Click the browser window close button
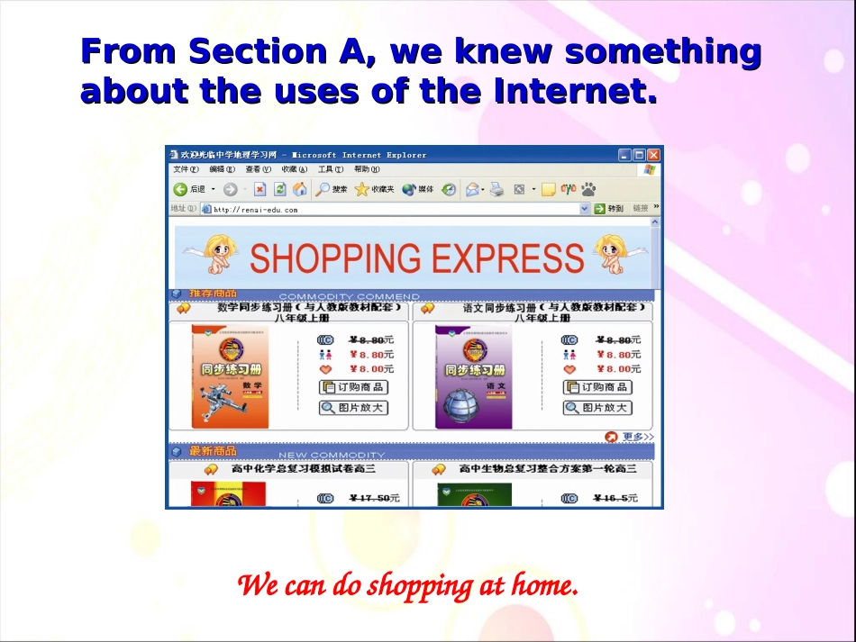[x=654, y=155]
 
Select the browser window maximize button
[x=640, y=155]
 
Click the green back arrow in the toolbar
[x=180, y=189]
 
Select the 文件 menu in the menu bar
[x=186, y=169]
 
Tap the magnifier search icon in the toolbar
[x=323, y=189]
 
